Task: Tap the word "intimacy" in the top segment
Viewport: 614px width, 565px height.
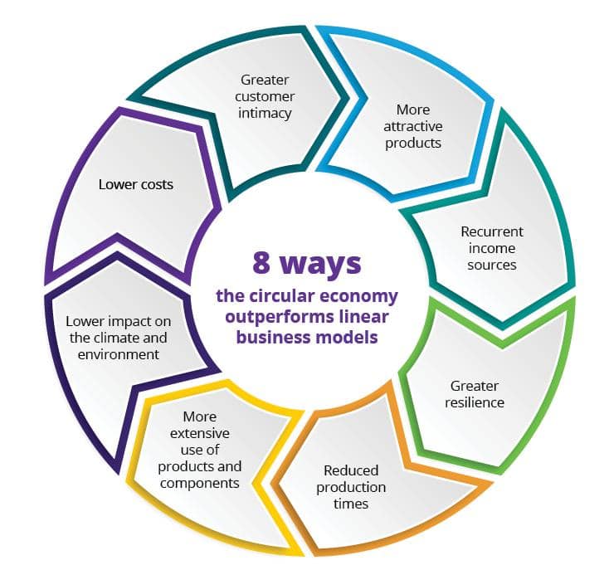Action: [265, 113]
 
